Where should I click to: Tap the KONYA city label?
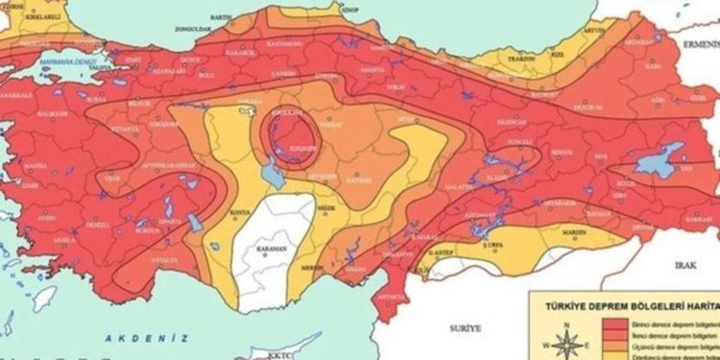tap(233, 212)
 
